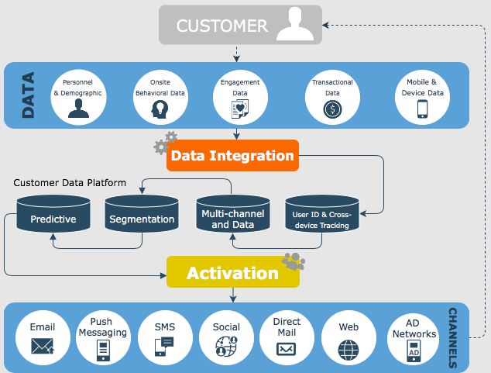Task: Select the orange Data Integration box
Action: (x=232, y=156)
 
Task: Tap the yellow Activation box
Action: (x=232, y=273)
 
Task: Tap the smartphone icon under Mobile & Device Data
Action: (x=424, y=109)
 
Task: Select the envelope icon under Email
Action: (x=43, y=347)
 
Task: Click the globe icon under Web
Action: (x=349, y=348)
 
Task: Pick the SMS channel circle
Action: (x=164, y=337)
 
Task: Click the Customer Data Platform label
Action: (x=70, y=183)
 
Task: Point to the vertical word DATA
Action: (x=29, y=95)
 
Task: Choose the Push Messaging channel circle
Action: (x=102, y=337)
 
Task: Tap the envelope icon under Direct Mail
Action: (x=287, y=348)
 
